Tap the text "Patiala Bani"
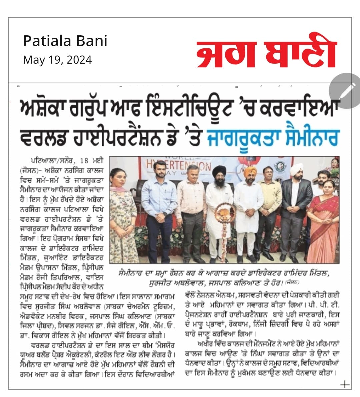(65, 41)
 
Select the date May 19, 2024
(57, 60)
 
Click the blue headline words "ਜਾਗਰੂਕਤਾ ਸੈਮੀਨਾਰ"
(273, 137)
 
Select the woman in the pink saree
(322, 220)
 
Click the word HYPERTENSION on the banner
(182, 165)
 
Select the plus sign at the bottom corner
(345, 384)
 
